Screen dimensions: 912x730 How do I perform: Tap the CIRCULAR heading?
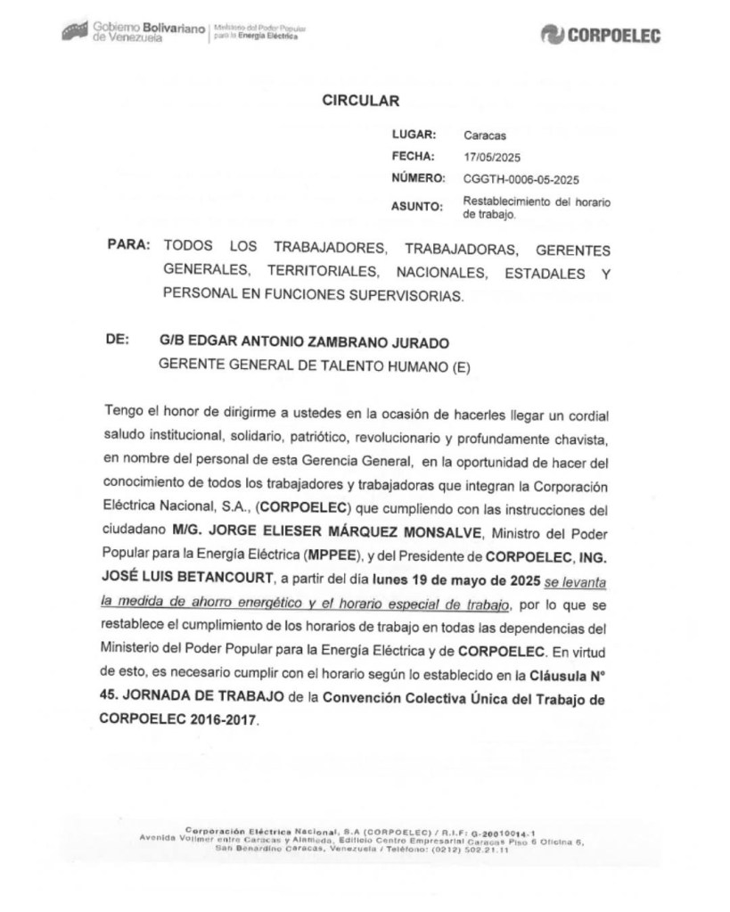coord(360,101)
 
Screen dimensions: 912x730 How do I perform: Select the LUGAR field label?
coord(414,136)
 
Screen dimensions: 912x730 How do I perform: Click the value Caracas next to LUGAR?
coord(485,136)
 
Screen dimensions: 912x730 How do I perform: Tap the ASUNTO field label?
coord(417,207)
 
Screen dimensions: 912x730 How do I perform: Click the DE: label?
coord(118,341)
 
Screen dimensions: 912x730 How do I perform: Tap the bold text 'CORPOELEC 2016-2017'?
coord(184,721)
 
